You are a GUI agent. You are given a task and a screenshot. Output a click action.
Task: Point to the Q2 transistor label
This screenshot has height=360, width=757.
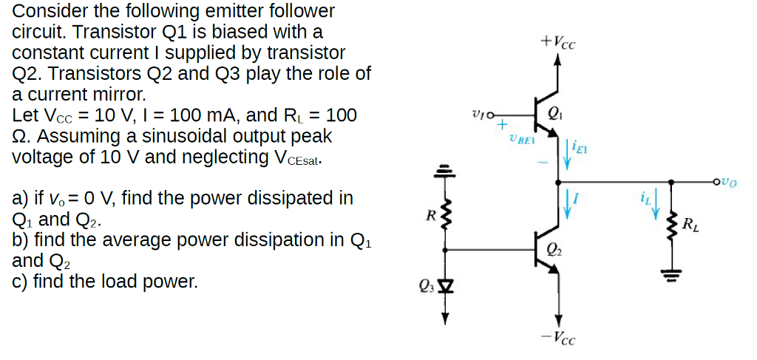(x=556, y=250)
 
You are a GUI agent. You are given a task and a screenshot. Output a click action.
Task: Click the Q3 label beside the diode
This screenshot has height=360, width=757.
(x=426, y=285)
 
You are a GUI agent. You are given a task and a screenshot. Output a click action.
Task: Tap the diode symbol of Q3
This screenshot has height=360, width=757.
(x=445, y=285)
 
